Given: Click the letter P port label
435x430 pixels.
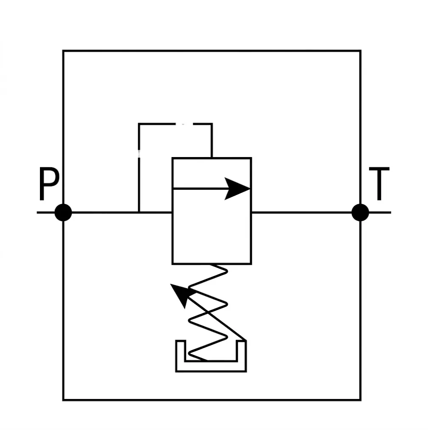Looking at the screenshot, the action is coord(49,183).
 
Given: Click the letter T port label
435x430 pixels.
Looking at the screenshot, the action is coord(379,183).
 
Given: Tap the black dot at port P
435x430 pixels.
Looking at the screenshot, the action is coord(63,212).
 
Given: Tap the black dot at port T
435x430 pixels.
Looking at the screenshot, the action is coord(360,212).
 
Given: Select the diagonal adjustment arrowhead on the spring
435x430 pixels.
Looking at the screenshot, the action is coord(180,294).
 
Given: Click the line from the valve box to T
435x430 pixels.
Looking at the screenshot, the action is coord(302,212).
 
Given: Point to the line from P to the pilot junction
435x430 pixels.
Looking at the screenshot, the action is coord(105,212).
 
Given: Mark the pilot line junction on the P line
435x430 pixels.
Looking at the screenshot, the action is coord(139,212).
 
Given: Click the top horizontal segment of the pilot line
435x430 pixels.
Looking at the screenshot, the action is coord(175,124).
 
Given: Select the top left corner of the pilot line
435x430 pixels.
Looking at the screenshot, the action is coord(139,124).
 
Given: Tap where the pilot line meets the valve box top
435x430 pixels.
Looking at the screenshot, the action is coord(212,158).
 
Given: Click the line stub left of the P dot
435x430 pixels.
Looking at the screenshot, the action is coord(46,212).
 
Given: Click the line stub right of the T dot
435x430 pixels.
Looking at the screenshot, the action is coord(380,212).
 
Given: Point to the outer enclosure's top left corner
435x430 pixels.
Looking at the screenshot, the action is coord(63,51).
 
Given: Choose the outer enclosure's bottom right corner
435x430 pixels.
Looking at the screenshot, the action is coord(360,400).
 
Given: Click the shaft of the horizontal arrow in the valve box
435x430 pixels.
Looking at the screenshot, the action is coord(200,188).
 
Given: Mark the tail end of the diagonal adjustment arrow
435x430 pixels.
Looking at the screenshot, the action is coord(246,340).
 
